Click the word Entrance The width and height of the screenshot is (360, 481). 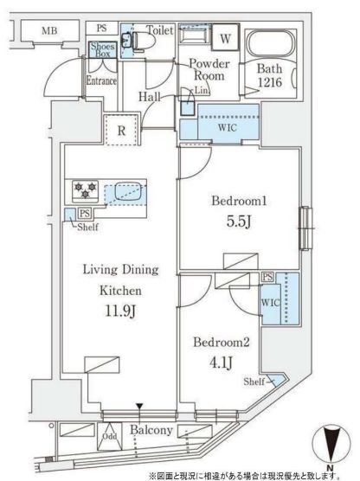click(102, 82)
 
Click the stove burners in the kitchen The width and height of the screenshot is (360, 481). click(83, 188)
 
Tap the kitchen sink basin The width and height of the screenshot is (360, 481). click(126, 189)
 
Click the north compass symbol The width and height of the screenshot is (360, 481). click(328, 446)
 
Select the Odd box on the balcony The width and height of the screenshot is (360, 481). click(111, 437)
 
